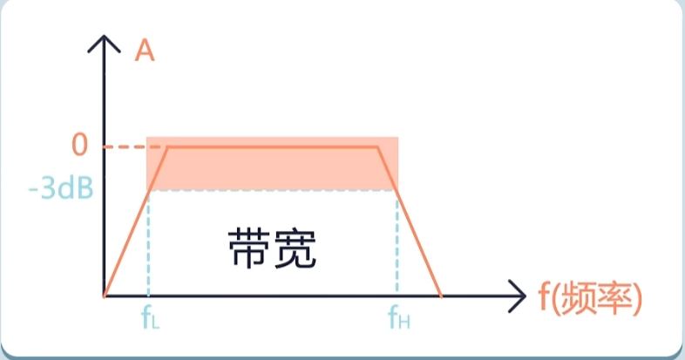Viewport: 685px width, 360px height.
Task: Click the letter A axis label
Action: [x=146, y=51]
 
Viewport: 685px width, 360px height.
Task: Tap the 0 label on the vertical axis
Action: [x=80, y=145]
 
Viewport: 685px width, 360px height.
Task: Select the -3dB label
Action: [x=61, y=188]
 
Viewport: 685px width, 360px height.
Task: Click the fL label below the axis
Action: [x=150, y=318]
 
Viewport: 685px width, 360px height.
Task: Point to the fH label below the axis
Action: [x=398, y=318]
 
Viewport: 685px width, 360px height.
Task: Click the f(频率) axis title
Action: [x=590, y=297]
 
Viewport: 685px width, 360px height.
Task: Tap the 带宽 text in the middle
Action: [x=271, y=248]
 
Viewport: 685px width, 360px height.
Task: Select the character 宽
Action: [x=294, y=248]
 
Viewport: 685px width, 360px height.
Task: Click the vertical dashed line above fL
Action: [x=149, y=244]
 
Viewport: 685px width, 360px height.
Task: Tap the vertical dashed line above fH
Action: [x=397, y=244]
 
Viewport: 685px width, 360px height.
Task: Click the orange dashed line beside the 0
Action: [x=125, y=146]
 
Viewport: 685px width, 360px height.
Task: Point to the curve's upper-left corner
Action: [x=167, y=146]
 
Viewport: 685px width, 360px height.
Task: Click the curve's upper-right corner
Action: [x=378, y=146]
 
